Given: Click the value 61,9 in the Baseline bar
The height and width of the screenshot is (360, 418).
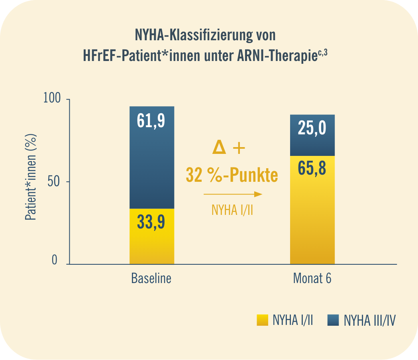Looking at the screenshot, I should (x=151, y=122).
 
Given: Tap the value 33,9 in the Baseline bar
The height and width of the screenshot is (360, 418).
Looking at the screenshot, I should (x=151, y=222).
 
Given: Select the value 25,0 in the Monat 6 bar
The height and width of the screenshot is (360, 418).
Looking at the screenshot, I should (x=312, y=129).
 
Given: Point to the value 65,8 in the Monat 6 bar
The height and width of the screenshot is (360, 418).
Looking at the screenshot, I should (x=312, y=169).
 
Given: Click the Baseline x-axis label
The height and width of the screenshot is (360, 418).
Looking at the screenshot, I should (x=151, y=278).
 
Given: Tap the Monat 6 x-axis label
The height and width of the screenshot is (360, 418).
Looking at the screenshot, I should (x=312, y=278).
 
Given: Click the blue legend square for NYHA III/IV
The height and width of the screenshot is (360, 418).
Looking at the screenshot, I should (x=333, y=320).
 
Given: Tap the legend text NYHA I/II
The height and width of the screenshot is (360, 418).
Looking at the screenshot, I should (x=292, y=321).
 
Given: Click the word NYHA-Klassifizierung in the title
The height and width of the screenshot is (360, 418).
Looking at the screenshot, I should (x=194, y=35).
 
